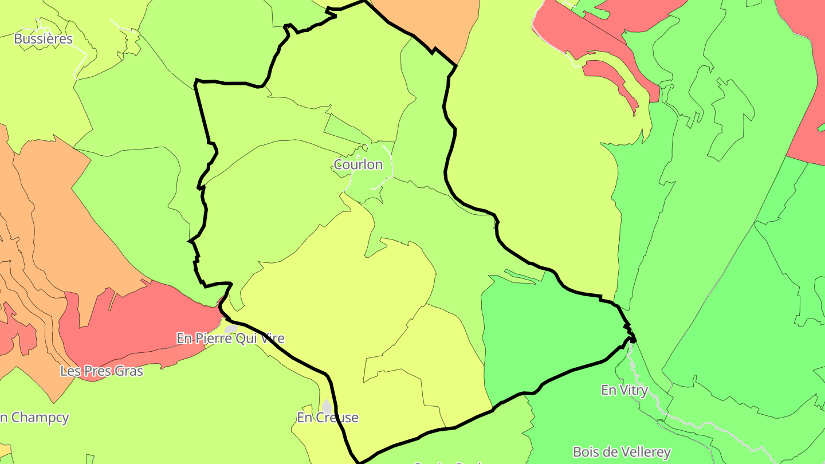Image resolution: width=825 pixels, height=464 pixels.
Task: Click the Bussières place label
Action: point(44,39)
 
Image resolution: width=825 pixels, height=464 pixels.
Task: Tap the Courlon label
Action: point(358,165)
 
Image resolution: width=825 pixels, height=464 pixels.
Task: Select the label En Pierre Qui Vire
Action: point(230,339)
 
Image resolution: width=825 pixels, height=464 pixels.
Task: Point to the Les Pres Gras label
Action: point(102,371)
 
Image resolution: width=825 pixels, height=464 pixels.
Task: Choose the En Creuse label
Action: point(328,418)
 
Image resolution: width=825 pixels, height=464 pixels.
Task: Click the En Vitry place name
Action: point(624,391)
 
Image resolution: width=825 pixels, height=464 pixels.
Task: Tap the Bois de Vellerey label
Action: point(622,453)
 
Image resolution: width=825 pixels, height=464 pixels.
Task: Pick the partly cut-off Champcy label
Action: point(34,418)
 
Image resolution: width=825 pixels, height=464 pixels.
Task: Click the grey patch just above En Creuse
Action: point(327,406)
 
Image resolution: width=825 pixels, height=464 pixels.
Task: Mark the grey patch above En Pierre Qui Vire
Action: point(231,328)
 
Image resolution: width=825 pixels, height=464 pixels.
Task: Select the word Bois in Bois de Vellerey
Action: point(586,453)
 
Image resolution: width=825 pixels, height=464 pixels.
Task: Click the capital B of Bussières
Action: point(18,39)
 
